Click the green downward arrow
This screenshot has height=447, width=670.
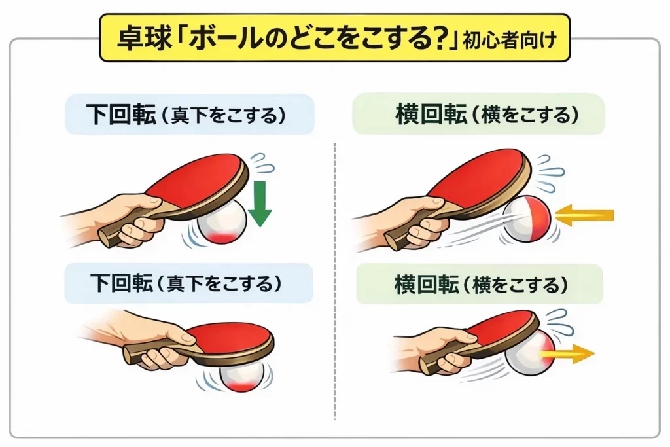(260, 204)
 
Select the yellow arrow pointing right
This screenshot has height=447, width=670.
(570, 354)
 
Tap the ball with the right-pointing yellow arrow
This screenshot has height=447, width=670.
(533, 354)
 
